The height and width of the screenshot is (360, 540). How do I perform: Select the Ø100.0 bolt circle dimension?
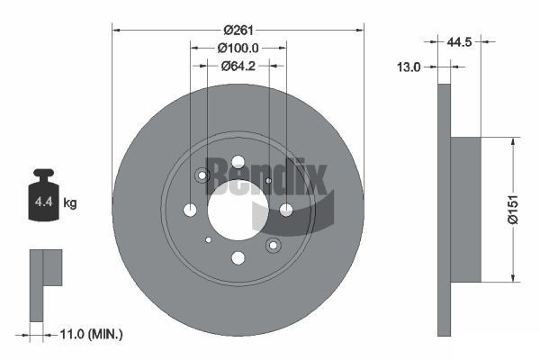(x=238, y=49)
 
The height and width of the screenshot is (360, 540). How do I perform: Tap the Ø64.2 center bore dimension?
(x=238, y=66)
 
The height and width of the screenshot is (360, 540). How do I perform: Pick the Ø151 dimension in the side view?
(x=524, y=210)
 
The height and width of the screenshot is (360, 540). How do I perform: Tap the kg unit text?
(x=70, y=203)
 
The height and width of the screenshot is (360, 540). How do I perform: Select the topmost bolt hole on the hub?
(x=238, y=162)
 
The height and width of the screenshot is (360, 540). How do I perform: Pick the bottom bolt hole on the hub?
(x=238, y=258)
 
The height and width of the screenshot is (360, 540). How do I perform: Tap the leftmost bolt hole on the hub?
(x=190, y=210)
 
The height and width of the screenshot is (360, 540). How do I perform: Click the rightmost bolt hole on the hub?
(x=286, y=210)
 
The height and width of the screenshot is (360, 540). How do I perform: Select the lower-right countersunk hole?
(x=273, y=245)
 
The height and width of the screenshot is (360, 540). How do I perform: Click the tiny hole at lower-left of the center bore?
(x=208, y=239)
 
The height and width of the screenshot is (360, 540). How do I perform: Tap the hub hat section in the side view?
(x=465, y=210)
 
